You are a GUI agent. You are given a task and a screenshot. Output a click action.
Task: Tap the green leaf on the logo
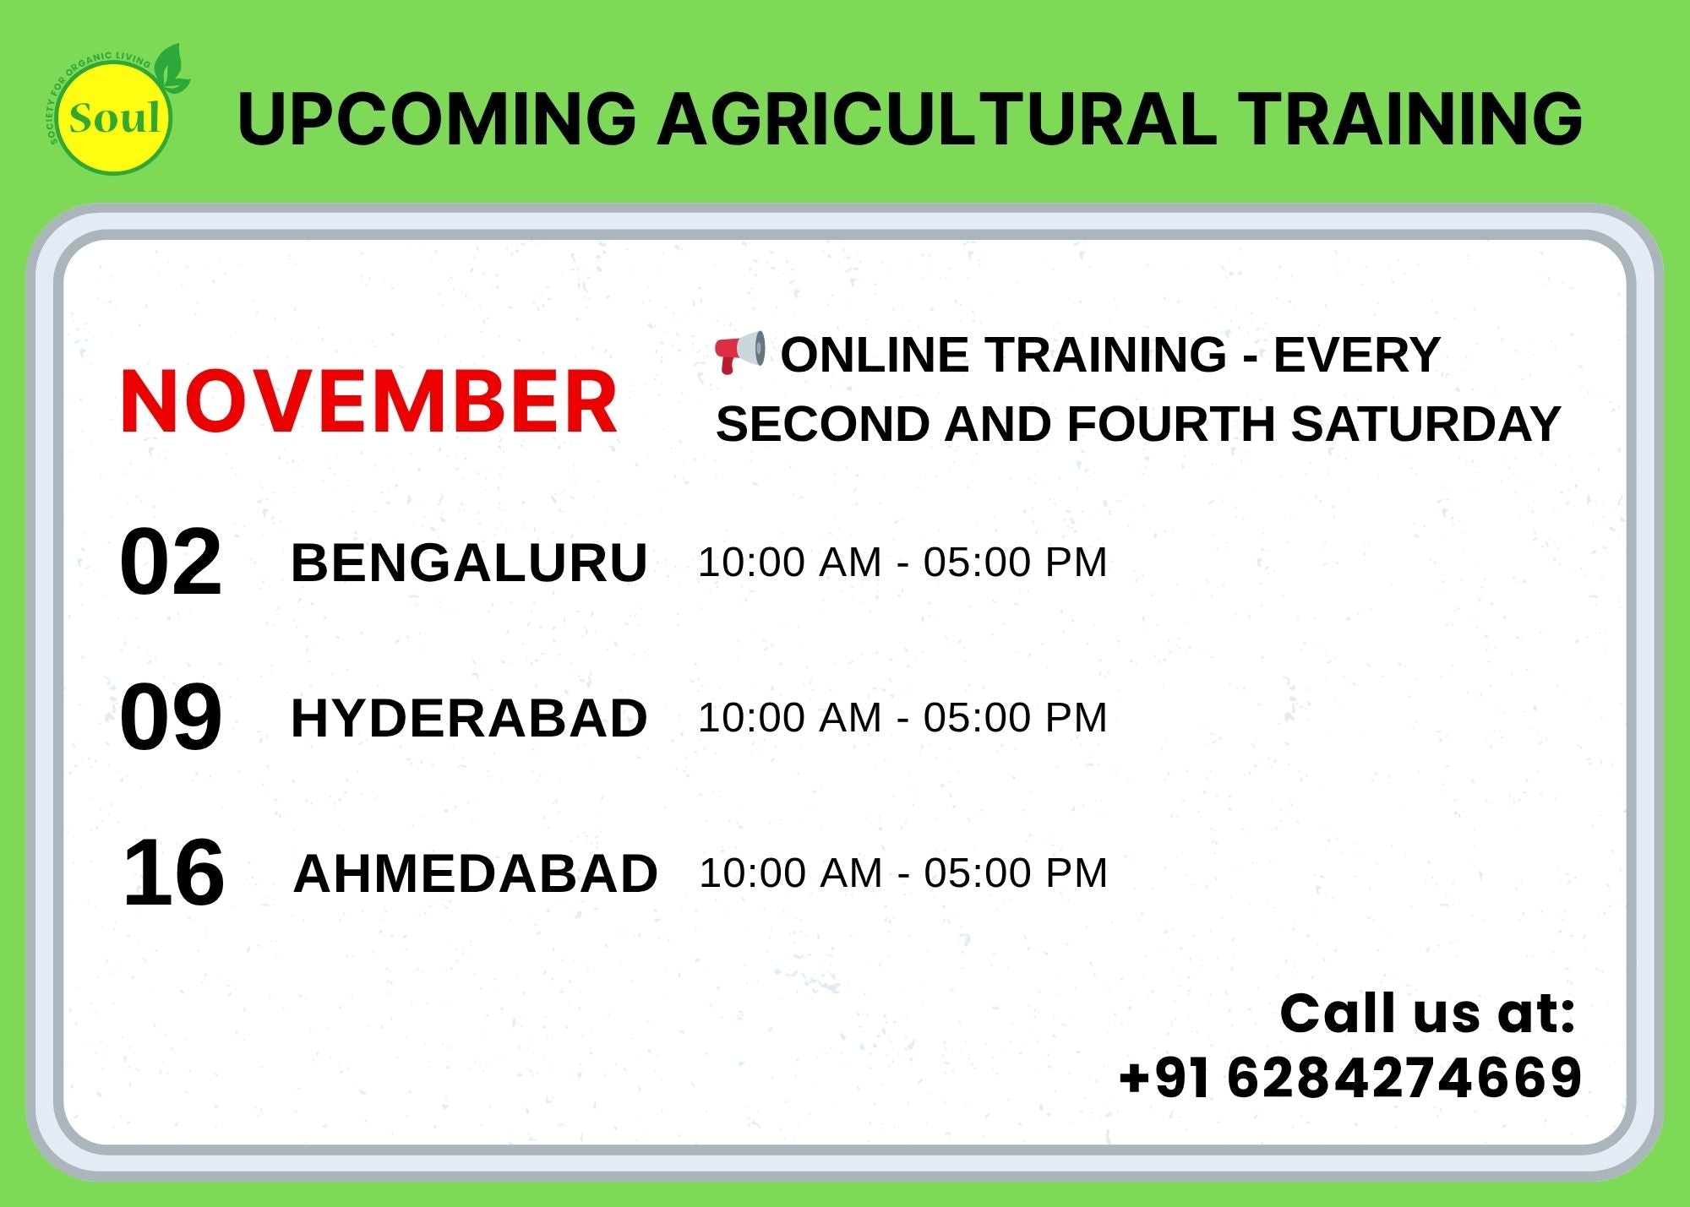tap(173, 68)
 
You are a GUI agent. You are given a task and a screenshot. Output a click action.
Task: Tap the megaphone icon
tap(740, 352)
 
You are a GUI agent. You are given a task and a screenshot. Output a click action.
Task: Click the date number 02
tap(171, 562)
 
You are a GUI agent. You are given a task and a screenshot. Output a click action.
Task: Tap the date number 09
tap(171, 717)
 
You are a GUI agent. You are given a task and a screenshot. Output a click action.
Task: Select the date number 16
tap(173, 873)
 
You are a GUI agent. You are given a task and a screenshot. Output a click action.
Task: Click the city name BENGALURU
tap(469, 563)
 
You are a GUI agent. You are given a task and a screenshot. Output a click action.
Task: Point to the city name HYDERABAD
tap(469, 718)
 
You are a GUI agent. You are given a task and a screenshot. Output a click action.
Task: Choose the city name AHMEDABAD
tap(476, 873)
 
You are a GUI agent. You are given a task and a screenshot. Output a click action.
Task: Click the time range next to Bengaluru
tap(902, 563)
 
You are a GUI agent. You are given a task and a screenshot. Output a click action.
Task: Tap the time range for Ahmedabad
tap(903, 873)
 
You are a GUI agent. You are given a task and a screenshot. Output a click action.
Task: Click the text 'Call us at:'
tap(1427, 1013)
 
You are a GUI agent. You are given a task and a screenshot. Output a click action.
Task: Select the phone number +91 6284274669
tap(1349, 1078)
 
